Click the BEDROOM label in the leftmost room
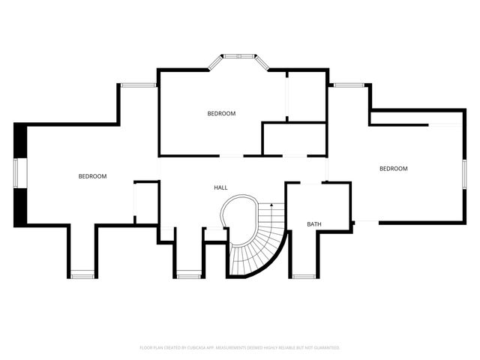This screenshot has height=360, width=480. pyautogui.click(x=92, y=176)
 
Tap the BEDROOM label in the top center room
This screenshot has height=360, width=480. pyautogui.click(x=221, y=113)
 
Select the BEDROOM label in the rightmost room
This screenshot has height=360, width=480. pyautogui.click(x=393, y=169)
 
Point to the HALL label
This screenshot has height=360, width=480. pyautogui.click(x=220, y=187)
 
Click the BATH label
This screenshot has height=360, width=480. pyautogui.click(x=314, y=224)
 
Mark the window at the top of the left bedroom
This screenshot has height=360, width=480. pyautogui.click(x=138, y=85)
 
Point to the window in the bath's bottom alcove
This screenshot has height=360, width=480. pyautogui.click(x=303, y=277)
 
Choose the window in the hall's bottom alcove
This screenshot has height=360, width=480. pyautogui.click(x=188, y=277)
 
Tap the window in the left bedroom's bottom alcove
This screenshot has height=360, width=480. pyautogui.click(x=82, y=277)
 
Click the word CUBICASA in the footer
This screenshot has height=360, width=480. pyautogui.click(x=193, y=348)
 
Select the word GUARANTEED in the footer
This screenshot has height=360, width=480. pyautogui.click(x=324, y=348)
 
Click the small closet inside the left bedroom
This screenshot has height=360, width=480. pyautogui.click(x=145, y=201)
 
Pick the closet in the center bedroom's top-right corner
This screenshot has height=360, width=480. pyautogui.click(x=307, y=95)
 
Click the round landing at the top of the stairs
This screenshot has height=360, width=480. pyautogui.click(x=239, y=211)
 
